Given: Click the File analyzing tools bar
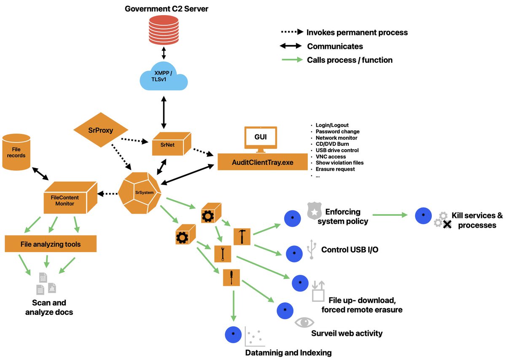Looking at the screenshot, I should pos(51,244).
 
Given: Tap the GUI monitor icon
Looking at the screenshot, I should pos(261,140).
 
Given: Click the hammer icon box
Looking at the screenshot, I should pos(242,236).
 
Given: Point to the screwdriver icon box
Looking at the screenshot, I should pos(231,277).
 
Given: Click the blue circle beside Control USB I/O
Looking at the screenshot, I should pos(294,253).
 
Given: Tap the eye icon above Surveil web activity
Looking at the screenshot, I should pos(304,322).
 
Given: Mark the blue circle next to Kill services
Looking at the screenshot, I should pos(423,215).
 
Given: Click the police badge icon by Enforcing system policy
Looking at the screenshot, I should pos(312,210).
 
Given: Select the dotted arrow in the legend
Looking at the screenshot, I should pos(291,32).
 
